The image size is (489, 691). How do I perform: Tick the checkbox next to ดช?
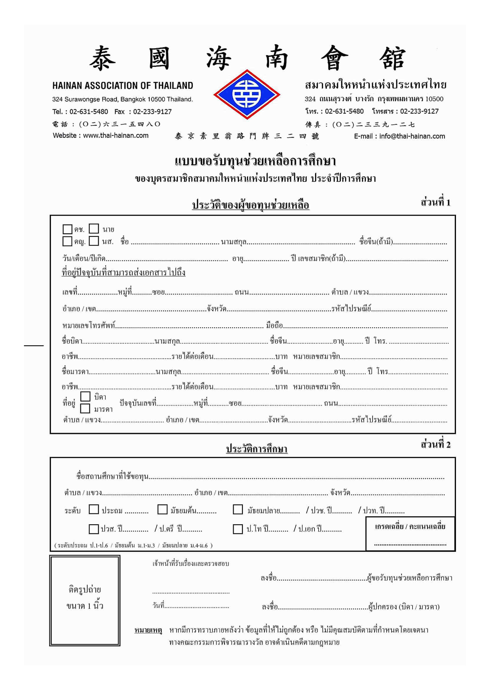[x=67, y=229]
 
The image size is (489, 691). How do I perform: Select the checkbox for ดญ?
[x=67, y=241]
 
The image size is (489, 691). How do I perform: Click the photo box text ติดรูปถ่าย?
[x=85, y=589]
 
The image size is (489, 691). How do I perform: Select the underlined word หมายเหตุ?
[x=148, y=630]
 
